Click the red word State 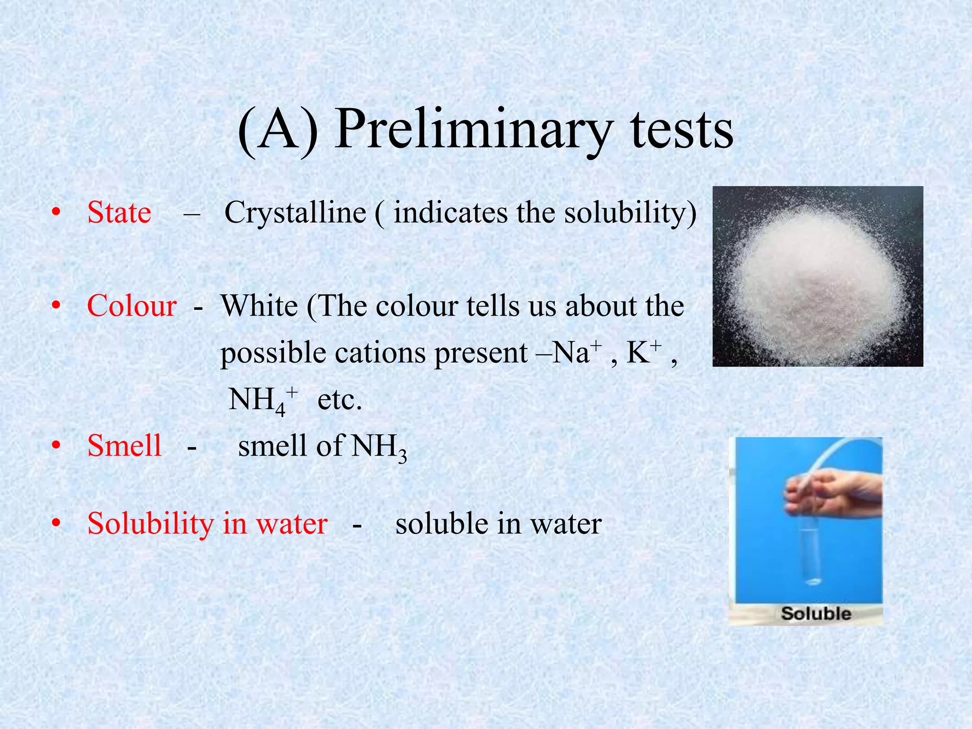tap(119, 212)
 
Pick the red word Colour tap(131, 306)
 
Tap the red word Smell tap(124, 446)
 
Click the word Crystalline tap(295, 212)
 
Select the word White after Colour tap(259, 306)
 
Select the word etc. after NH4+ tap(339, 400)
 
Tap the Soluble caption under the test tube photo tap(816, 613)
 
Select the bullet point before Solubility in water tap(56, 523)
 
